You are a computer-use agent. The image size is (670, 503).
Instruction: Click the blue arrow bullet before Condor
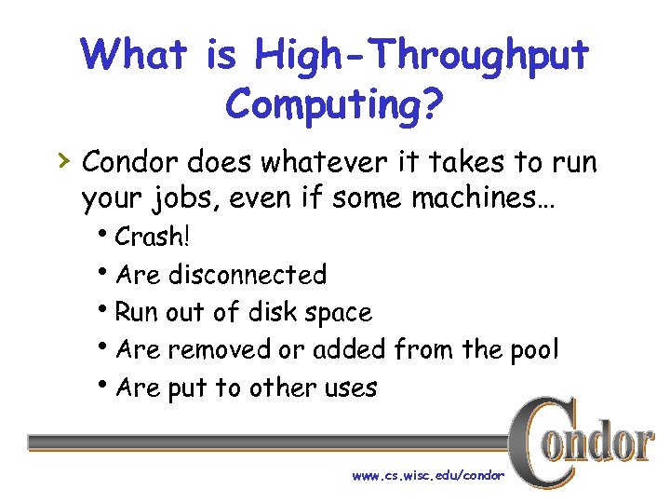coord(62,160)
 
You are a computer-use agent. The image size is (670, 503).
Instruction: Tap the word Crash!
coord(152,237)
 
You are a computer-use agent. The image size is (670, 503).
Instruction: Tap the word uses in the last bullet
coord(351,387)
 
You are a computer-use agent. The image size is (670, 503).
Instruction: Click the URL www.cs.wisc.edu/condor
coord(428,475)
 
